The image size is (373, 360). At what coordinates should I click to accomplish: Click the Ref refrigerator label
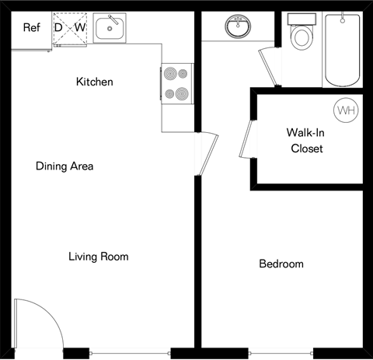click(x=31, y=29)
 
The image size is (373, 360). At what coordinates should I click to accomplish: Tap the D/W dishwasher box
click(x=70, y=29)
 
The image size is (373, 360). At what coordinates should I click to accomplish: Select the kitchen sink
click(x=108, y=30)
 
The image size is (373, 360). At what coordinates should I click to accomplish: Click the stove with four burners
click(x=176, y=83)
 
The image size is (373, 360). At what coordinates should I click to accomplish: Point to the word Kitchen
click(x=95, y=82)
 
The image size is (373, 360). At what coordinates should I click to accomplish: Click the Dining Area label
click(x=64, y=166)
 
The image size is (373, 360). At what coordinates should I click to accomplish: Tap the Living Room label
click(x=98, y=257)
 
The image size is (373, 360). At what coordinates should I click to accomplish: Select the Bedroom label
click(x=281, y=264)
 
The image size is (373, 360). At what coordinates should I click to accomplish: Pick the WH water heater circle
click(x=345, y=111)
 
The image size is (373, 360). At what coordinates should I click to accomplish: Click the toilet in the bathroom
click(x=299, y=35)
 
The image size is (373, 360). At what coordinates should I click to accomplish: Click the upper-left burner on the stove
click(x=169, y=75)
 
